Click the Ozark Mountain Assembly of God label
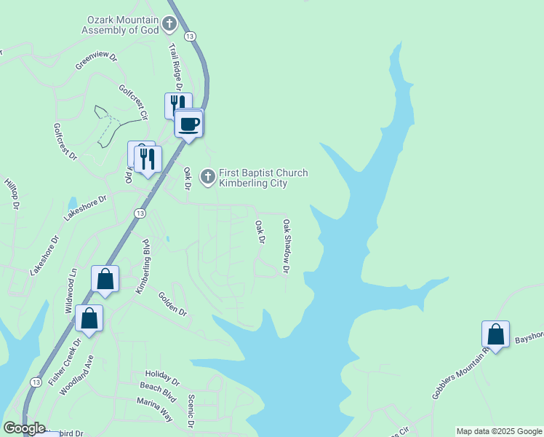coord(120,25)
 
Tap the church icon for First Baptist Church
coord(208,177)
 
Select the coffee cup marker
coord(189,124)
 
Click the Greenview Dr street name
coord(96,61)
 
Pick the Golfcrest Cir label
coord(134,101)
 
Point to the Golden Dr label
coord(173,304)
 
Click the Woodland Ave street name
coord(77,375)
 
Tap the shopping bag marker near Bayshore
coord(495,335)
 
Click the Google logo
coord(25,428)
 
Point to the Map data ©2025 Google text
coord(499,431)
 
